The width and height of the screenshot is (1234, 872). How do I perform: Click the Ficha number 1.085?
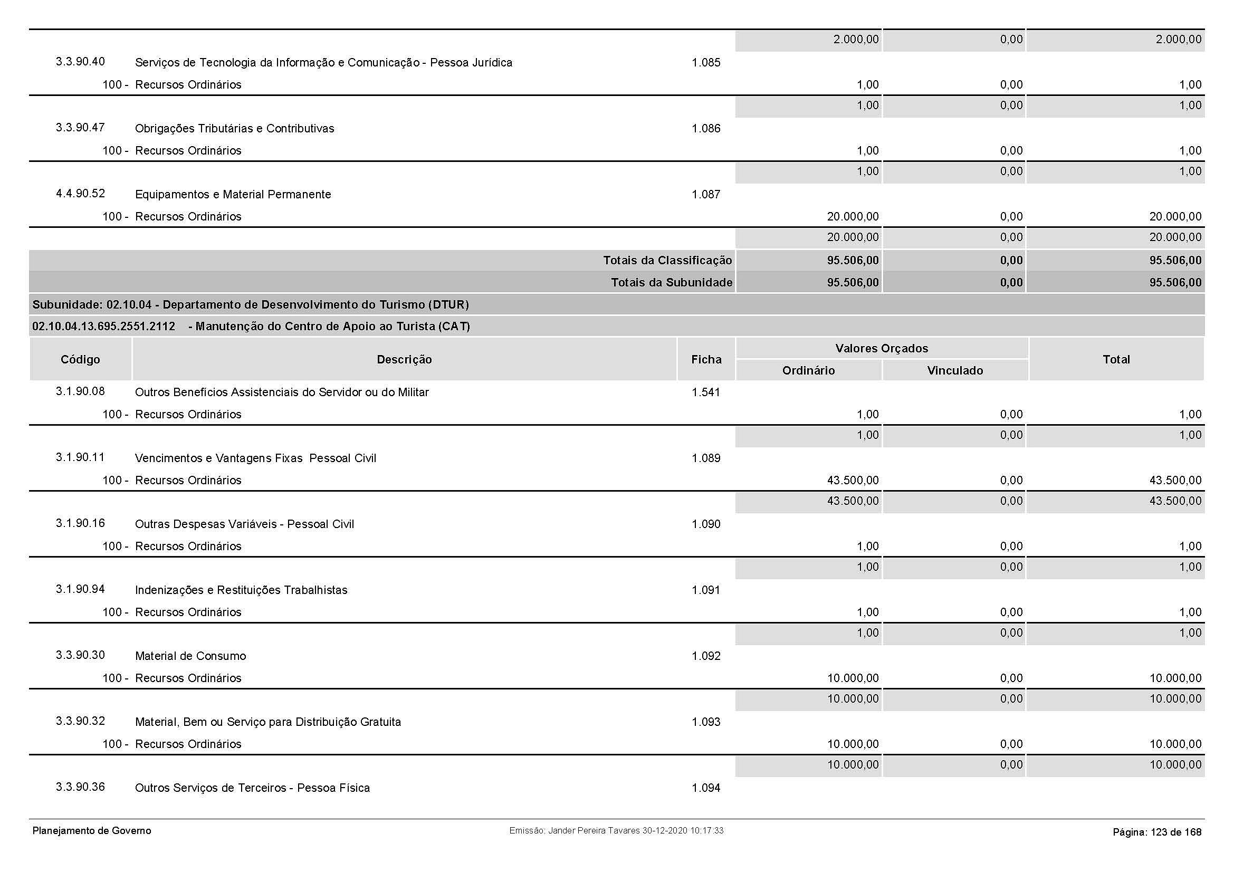[706, 63]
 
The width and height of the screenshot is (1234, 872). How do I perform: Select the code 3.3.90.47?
[80, 128]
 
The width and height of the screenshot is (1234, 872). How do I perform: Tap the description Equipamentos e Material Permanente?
[233, 195]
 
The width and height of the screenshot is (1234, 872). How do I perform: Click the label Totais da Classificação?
[667, 261]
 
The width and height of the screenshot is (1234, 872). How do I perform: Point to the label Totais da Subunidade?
[671, 283]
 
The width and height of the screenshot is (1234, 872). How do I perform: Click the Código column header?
[80, 359]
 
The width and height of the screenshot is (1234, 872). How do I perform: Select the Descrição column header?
[404, 359]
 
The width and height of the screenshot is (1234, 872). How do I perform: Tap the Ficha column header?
[706, 359]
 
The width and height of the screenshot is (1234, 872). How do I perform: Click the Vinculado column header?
[954, 370]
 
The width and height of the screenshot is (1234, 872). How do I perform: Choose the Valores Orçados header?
[882, 348]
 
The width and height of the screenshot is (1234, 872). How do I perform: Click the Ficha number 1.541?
[706, 392]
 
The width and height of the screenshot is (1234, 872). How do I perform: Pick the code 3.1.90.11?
[80, 457]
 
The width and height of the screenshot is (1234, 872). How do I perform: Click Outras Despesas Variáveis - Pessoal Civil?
[244, 524]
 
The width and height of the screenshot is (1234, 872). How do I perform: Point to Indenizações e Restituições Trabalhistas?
[241, 590]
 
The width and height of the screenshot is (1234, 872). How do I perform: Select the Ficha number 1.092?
[706, 656]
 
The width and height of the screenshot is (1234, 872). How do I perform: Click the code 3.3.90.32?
[80, 721]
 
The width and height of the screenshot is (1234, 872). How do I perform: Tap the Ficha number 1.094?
[706, 788]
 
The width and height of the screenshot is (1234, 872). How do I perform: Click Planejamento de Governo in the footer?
[91, 831]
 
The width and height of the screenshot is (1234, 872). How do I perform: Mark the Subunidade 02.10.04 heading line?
[251, 304]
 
